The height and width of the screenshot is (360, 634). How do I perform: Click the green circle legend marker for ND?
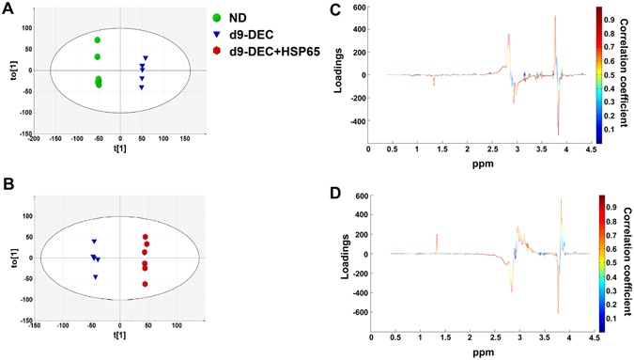click(x=220, y=17)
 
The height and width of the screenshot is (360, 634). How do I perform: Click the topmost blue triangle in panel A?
click(x=146, y=58)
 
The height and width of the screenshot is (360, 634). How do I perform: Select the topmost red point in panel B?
click(x=146, y=237)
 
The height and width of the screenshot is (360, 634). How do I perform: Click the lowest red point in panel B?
click(x=146, y=284)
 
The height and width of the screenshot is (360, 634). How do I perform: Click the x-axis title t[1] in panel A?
click(x=120, y=159)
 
